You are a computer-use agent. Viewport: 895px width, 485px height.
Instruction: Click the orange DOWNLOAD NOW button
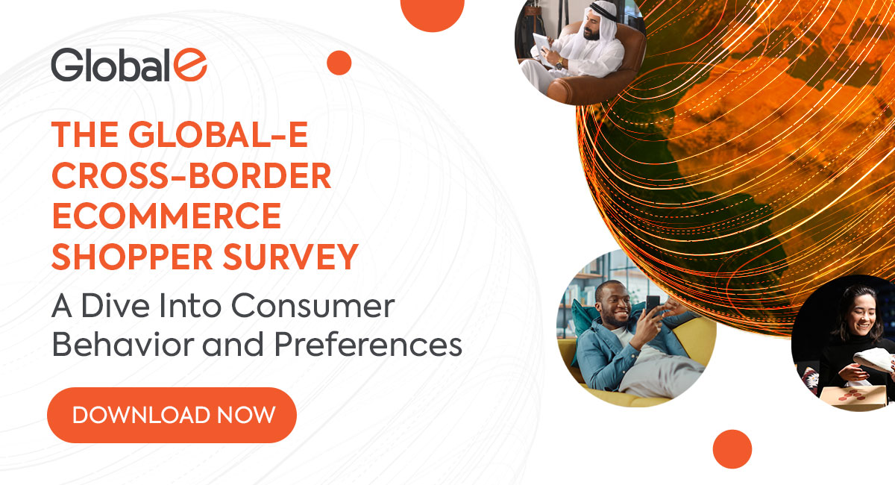coord(172,415)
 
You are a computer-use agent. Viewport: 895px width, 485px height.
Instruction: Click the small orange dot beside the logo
coord(339,63)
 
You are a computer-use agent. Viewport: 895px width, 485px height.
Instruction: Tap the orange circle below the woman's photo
coord(732,449)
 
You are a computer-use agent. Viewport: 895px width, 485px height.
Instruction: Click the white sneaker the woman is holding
coord(870,362)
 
